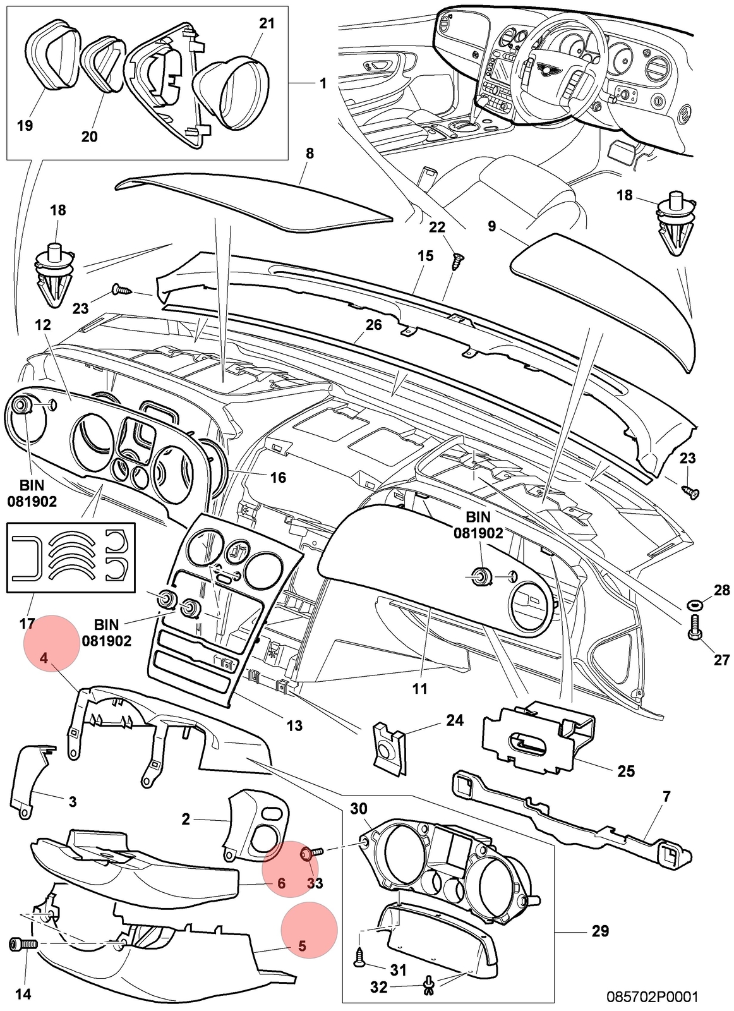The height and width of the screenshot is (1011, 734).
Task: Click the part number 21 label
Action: pos(267,23)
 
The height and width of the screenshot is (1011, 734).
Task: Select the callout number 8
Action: pos(310,154)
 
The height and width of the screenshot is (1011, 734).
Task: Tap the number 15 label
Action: pos(425,256)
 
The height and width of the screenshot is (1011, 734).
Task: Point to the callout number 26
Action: pos(374,325)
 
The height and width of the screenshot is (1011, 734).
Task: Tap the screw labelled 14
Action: pos(24,943)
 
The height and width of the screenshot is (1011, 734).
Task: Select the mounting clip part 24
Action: pos(390,748)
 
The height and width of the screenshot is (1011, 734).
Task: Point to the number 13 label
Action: pos(294,726)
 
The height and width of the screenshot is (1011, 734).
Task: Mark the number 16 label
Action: pos(278,477)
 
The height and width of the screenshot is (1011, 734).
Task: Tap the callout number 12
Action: pos(43,325)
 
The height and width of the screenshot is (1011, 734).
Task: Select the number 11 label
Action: pos(419,688)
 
